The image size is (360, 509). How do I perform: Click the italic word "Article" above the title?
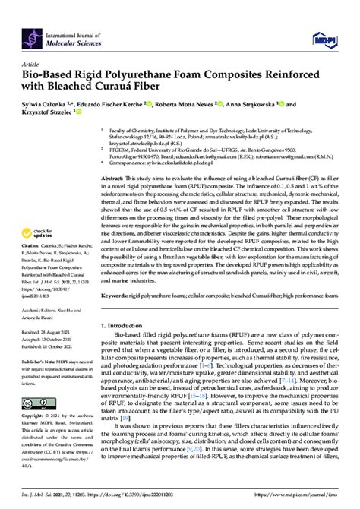click(x=32, y=66)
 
